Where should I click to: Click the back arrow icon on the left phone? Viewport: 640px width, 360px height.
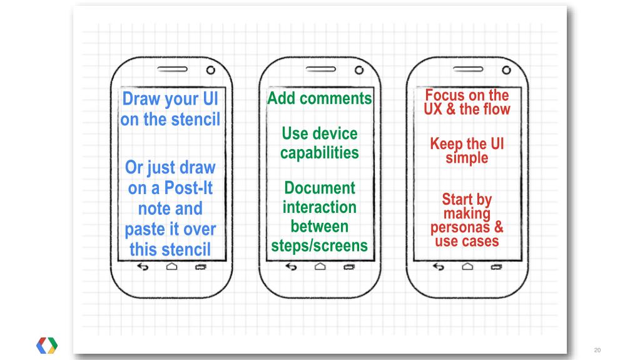click(x=143, y=267)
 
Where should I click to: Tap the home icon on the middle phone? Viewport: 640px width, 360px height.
click(x=320, y=267)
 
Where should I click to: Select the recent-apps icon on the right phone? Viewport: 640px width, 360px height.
click(x=496, y=267)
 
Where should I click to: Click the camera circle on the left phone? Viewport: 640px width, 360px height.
click(x=211, y=70)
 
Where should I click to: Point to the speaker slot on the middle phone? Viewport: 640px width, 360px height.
click(x=321, y=69)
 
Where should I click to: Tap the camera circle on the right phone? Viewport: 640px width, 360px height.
click(x=506, y=70)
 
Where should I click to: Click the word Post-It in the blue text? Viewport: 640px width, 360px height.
click(x=188, y=188)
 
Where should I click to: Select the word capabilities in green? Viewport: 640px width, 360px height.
click(x=320, y=153)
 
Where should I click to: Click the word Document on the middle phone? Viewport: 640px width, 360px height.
click(x=320, y=188)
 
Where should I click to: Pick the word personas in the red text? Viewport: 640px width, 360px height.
click(x=460, y=228)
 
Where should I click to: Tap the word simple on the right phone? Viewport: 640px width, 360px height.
click(x=467, y=158)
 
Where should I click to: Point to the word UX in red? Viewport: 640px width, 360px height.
click(x=433, y=109)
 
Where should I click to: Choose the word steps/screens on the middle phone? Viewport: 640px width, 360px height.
click(x=319, y=246)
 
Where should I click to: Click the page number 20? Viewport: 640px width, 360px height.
click(x=597, y=350)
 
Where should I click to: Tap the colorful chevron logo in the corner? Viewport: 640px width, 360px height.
click(x=47, y=346)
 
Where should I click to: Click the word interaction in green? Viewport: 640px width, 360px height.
click(x=320, y=207)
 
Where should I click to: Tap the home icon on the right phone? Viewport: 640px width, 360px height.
click(x=467, y=267)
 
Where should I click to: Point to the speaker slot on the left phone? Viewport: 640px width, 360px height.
click(x=172, y=69)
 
